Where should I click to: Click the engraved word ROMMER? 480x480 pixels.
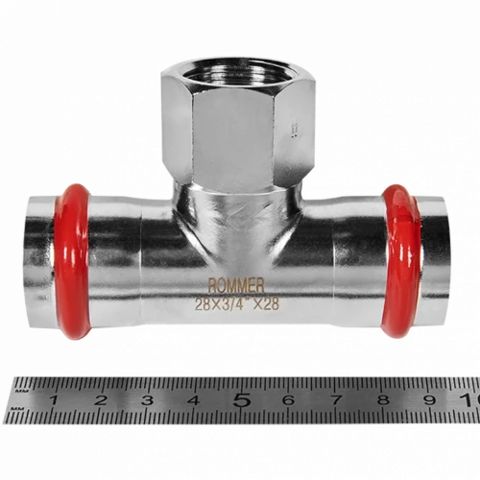236,286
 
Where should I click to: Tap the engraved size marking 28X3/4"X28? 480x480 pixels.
237,304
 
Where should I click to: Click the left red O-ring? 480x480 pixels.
73,262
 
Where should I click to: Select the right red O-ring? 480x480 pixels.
401,262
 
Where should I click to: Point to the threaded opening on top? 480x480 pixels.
238,73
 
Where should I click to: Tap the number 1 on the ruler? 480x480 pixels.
54,400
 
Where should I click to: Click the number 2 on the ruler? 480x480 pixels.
101,400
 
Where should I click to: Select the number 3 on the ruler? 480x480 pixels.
148,400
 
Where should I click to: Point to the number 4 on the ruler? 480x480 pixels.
194,400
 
